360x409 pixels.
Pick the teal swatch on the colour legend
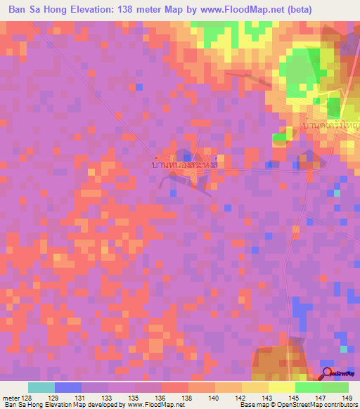point(41,387)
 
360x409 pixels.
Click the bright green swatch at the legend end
point(335,387)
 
